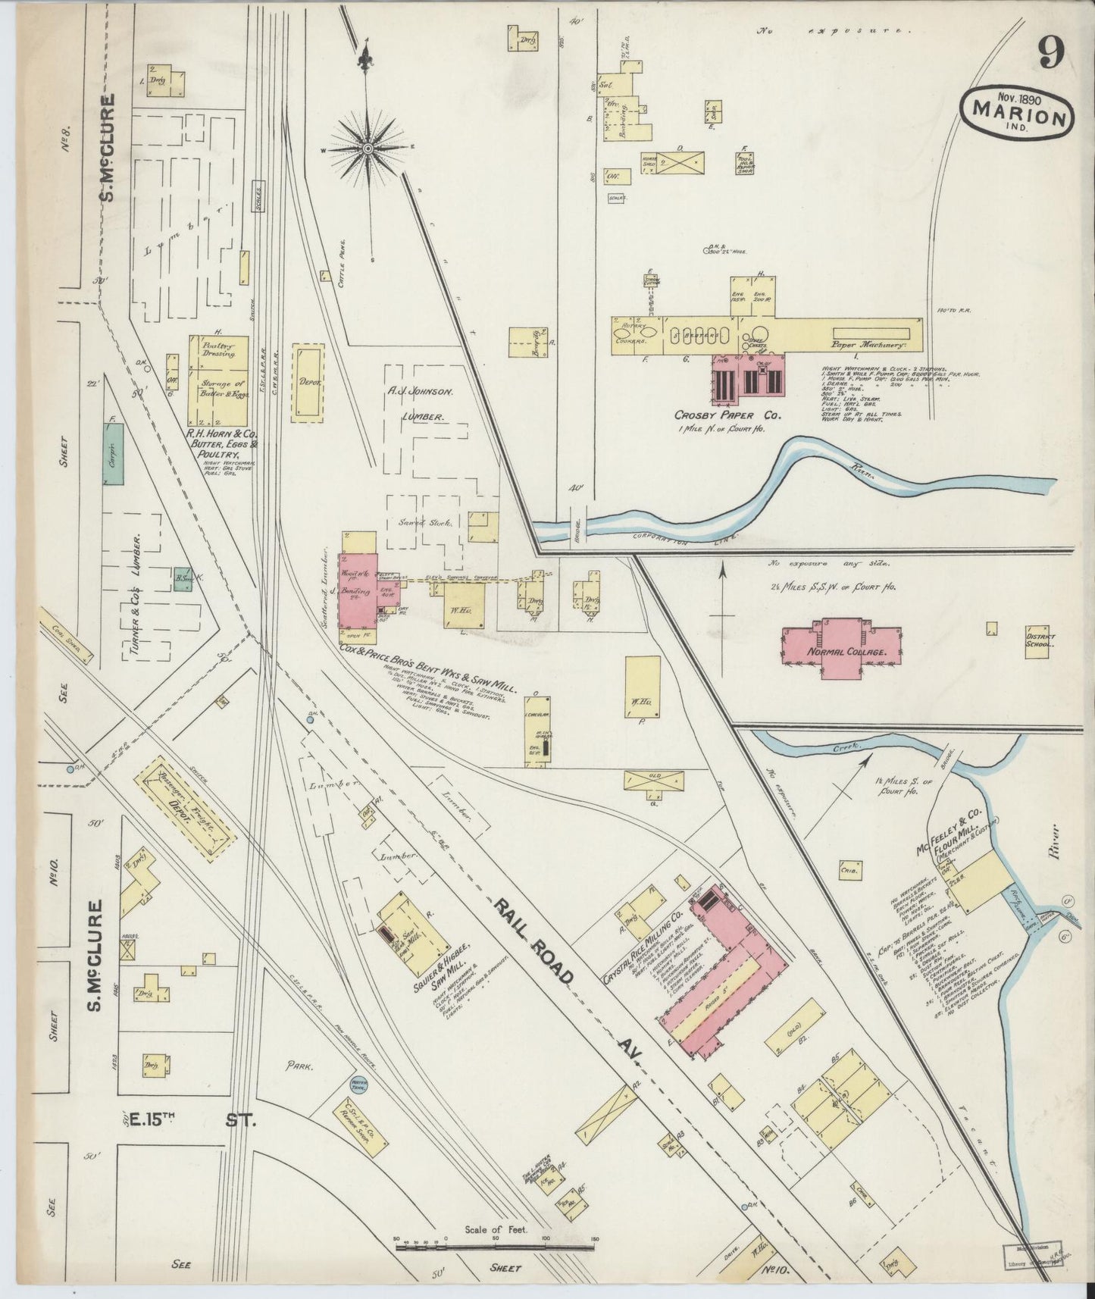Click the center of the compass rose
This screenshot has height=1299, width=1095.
click(x=368, y=149)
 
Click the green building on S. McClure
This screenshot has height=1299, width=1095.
click(x=114, y=455)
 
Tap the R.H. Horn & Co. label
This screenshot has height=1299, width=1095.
click(x=224, y=440)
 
